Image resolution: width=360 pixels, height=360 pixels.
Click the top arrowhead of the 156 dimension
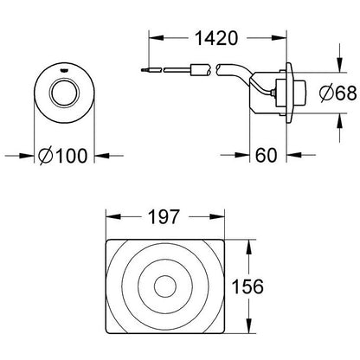[252, 242]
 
